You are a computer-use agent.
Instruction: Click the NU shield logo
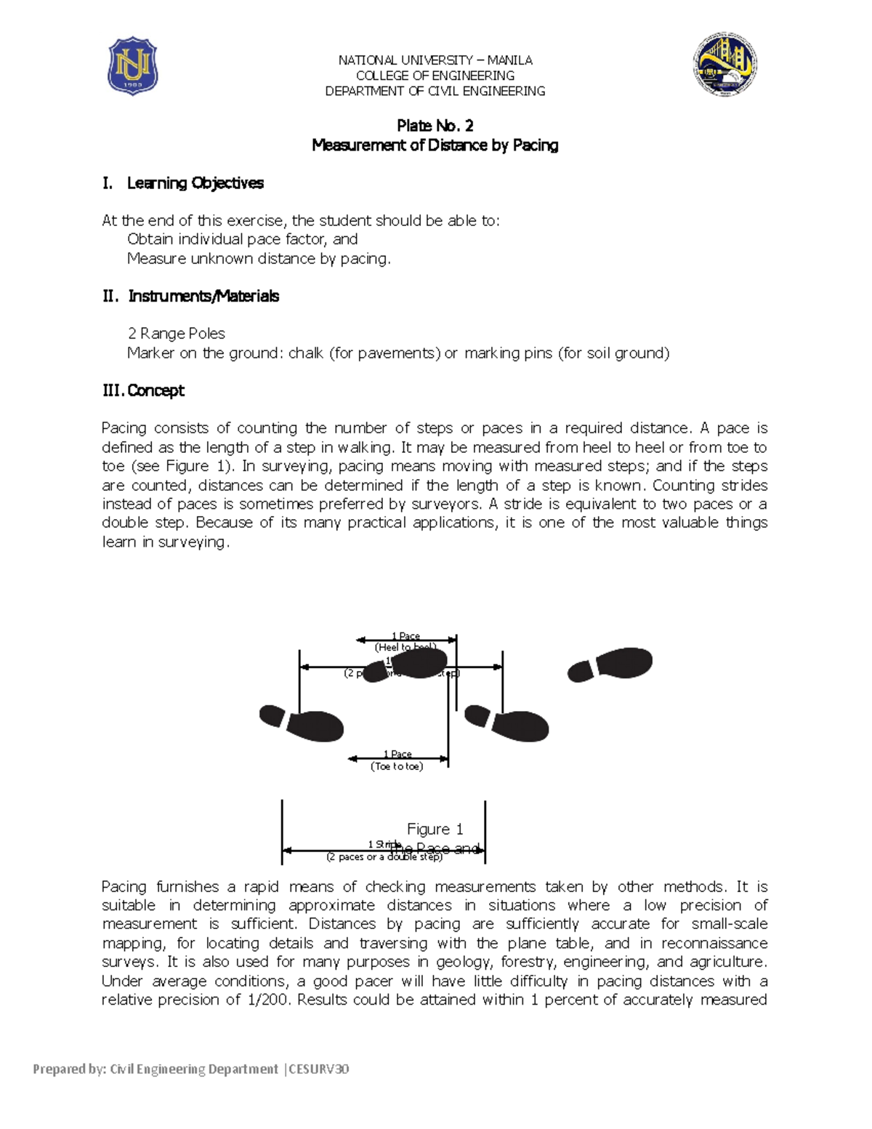[x=132, y=66]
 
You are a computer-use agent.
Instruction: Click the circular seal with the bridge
[x=724, y=64]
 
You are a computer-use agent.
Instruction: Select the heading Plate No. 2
[x=435, y=126]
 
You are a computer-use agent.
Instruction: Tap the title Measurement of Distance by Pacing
[x=435, y=145]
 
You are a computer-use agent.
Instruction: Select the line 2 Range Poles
[x=177, y=334]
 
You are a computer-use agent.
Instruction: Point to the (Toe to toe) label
[x=397, y=766]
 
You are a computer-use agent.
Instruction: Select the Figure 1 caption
[x=435, y=829]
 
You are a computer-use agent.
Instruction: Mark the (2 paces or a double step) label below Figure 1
[x=384, y=857]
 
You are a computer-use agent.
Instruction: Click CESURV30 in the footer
[x=320, y=1069]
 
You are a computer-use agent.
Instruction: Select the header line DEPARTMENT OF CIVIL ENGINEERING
[x=435, y=91]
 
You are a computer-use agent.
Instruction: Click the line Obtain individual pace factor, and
[x=242, y=239]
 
